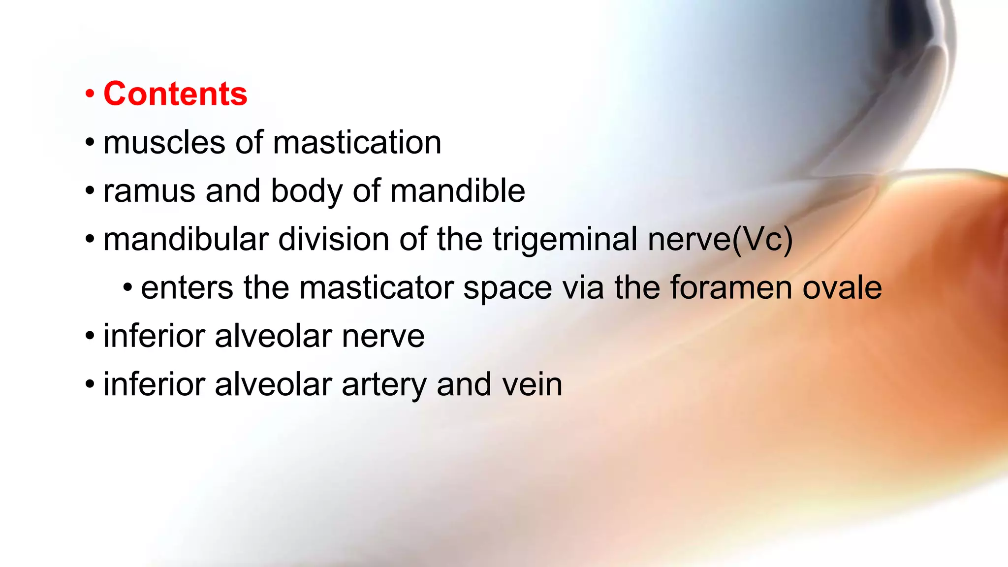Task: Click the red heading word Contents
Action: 175,94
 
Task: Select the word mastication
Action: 357,143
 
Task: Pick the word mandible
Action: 458,191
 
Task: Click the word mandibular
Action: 186,240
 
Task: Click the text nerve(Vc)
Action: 720,240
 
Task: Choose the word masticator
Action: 377,288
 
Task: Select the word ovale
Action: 842,288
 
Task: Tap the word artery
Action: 384,385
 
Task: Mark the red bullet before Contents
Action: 90,94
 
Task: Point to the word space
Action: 508,288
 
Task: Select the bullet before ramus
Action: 90,190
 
